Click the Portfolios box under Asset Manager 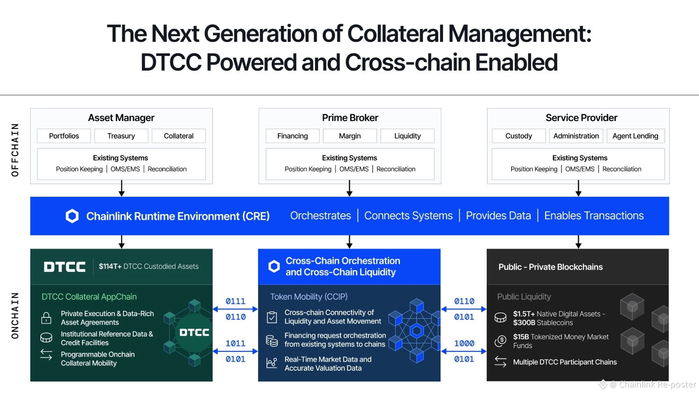point(64,136)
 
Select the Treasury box point(121,136)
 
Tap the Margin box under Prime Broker point(350,136)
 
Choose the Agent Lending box point(635,136)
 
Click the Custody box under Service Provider point(519,136)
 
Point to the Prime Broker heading point(350,118)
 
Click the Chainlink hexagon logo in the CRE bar point(72,216)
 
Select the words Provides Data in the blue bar point(498,216)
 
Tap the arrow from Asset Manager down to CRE point(121,188)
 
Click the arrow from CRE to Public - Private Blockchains point(578,242)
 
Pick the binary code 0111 point(235,301)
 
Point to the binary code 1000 point(464,343)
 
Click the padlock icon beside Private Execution point(46,318)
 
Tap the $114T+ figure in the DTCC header point(110,266)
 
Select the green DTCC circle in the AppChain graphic point(194,332)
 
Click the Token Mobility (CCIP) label point(309,297)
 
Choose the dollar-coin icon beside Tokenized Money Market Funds point(500,340)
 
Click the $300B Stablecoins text point(543,323)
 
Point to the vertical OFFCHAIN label point(15,150)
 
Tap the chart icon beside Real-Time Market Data point(272,363)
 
